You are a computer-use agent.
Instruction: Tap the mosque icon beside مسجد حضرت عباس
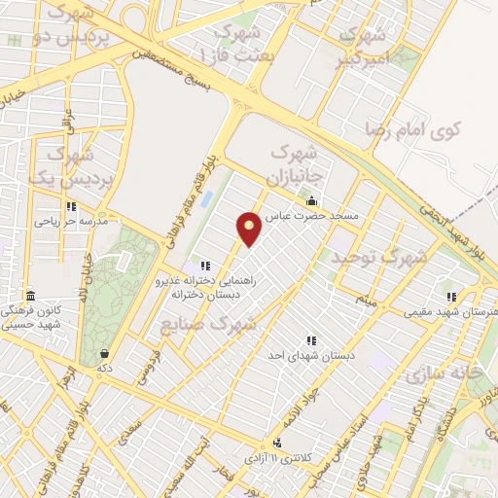coord(310,201)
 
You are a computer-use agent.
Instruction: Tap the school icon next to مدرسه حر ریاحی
coord(71,206)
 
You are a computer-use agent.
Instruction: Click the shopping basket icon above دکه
coord(104,354)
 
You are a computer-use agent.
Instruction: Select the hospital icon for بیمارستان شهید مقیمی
coord(450,297)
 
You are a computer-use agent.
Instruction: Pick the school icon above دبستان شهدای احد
coord(311,340)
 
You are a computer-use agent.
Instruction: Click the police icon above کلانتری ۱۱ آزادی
coord(279,443)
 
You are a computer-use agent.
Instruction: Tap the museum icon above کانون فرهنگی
coord(30,295)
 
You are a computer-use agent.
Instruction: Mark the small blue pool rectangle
coord(205,200)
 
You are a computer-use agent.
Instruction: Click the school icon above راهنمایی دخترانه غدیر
coord(204,266)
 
